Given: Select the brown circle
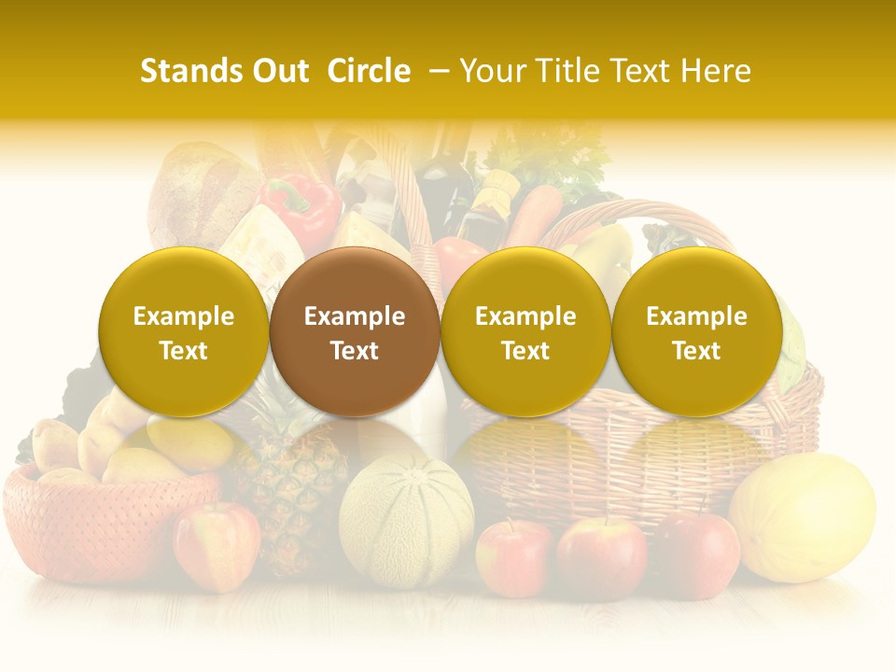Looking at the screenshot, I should pos(355,332).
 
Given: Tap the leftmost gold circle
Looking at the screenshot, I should pos(184,332).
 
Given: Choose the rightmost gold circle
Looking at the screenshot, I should pos(696,332).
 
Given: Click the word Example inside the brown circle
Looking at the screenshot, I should pos(355,316).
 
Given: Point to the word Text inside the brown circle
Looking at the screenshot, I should pos(355,351).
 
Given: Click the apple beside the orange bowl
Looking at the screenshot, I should pos(217,545).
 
